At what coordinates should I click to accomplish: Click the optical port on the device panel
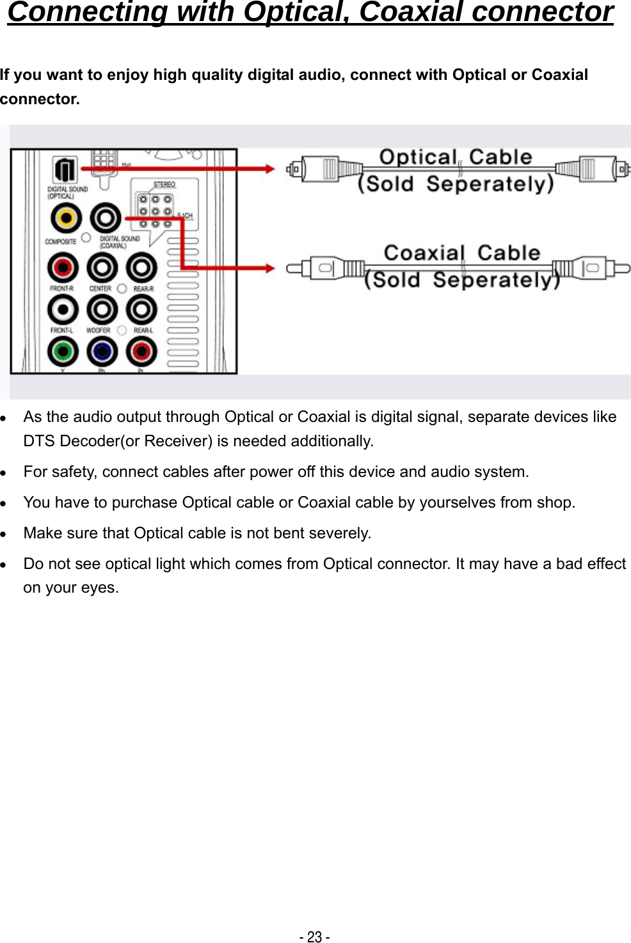[x=65, y=170]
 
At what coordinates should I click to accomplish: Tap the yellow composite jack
[x=66, y=219]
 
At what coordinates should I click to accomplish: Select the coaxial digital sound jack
[x=106, y=219]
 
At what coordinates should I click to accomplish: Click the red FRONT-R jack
[x=63, y=268]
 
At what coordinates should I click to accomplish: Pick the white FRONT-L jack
[x=63, y=310]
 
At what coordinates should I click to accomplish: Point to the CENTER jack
[x=102, y=268]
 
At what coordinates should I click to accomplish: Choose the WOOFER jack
[x=102, y=310]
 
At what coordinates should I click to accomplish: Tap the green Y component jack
[x=63, y=351]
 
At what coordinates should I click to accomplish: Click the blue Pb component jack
[x=102, y=351]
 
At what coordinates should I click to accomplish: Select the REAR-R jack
[x=141, y=268]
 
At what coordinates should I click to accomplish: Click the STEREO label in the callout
[x=164, y=185]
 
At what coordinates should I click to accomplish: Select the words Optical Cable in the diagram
[x=455, y=157]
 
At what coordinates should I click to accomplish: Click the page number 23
[x=314, y=937]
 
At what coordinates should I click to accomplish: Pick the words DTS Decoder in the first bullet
[x=71, y=441]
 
